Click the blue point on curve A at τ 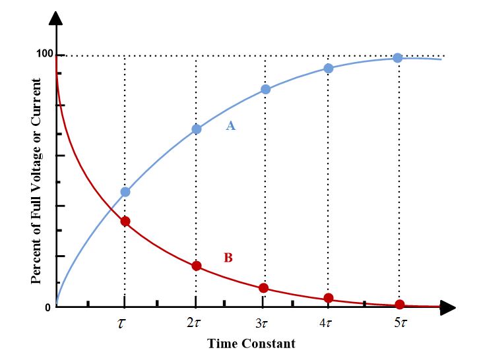125,192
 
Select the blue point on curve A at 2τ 196,129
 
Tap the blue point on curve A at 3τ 265,89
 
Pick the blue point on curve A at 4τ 328,68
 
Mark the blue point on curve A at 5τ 398,58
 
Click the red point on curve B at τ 125,221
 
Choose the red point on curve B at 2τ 196,266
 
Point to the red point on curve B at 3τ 263,288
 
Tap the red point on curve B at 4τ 328,298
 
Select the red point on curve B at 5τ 399,304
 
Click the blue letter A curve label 230,125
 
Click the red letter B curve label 228,258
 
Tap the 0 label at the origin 48,308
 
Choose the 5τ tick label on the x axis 399,323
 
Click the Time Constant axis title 251,344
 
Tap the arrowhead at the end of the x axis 449,307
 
